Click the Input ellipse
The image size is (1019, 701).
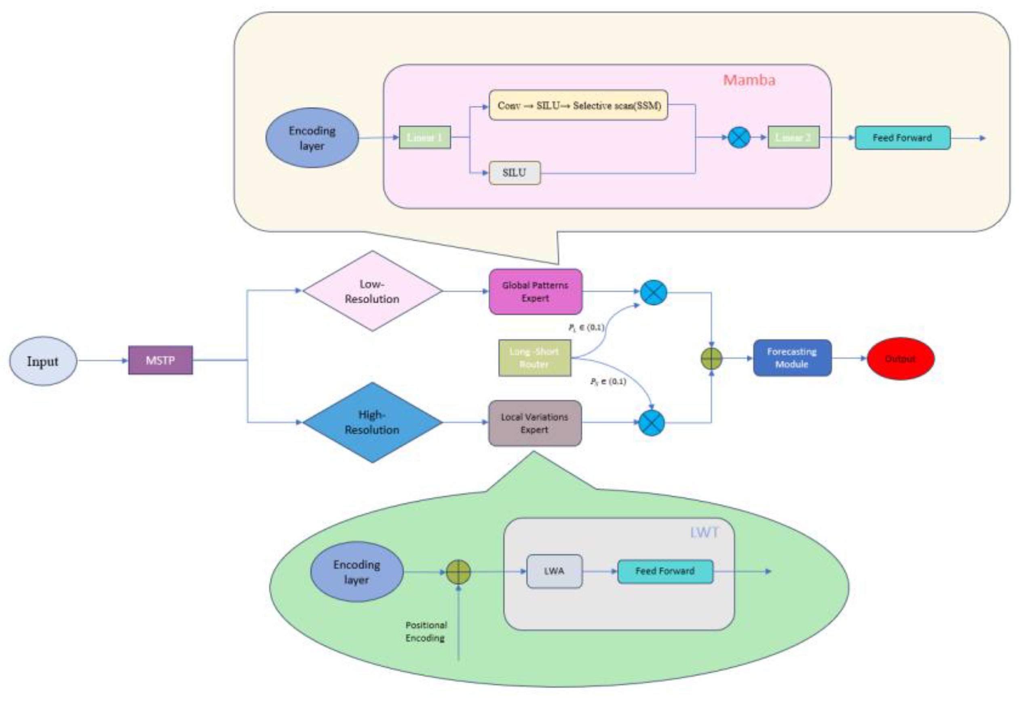click(43, 361)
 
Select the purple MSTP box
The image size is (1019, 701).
click(160, 360)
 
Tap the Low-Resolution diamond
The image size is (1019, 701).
click(372, 291)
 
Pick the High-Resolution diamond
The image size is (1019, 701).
click(372, 422)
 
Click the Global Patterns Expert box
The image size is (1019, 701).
click(535, 292)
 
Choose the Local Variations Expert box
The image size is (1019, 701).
click(534, 423)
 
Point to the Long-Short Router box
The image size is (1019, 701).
click(534, 357)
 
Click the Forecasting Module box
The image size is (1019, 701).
click(792, 357)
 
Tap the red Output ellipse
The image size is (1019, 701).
click(900, 359)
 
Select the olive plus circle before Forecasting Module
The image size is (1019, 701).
click(711, 359)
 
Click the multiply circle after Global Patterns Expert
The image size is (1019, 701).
click(653, 292)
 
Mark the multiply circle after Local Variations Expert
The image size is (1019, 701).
click(651, 423)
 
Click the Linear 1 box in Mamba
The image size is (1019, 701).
click(424, 137)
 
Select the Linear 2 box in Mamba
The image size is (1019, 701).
click(793, 137)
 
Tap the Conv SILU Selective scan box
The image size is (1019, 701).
click(578, 105)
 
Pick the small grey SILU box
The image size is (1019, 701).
click(514, 172)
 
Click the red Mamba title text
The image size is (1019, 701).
click(749, 80)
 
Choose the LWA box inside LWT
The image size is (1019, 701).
click(554, 571)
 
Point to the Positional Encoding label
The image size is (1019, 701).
click(426, 631)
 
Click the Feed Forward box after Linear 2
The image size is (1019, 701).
click(902, 138)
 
